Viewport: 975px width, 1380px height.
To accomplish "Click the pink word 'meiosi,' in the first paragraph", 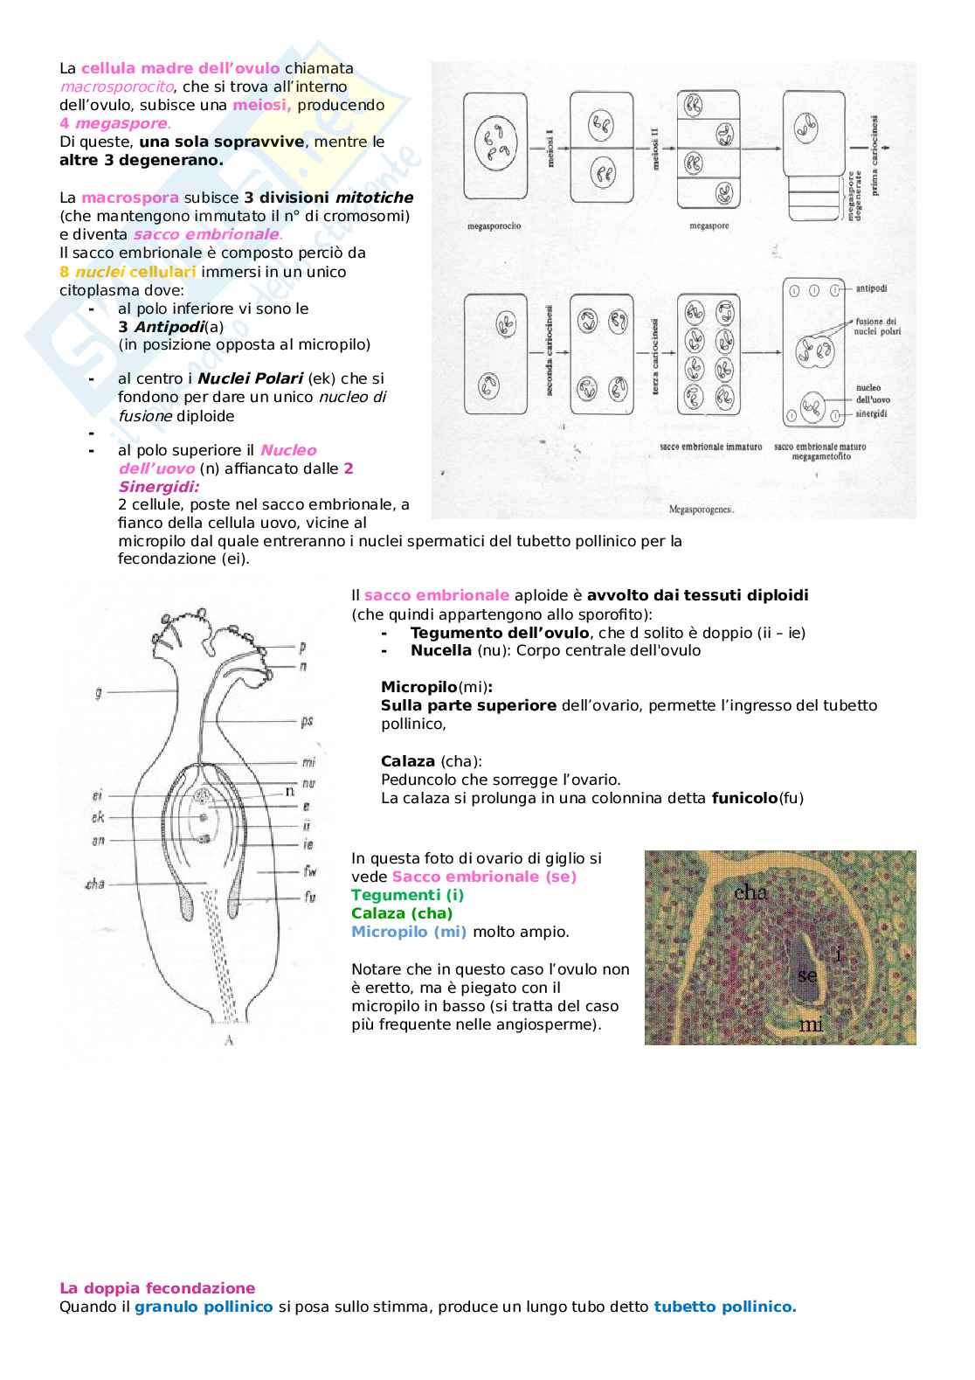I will (x=261, y=105).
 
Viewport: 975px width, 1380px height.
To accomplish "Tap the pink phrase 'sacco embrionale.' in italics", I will (x=208, y=234).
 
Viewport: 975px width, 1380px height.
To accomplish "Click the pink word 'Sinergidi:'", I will (x=158, y=487).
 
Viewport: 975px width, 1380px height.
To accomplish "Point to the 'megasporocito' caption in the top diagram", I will (x=494, y=226).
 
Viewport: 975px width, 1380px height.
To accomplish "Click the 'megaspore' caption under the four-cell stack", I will (x=709, y=226).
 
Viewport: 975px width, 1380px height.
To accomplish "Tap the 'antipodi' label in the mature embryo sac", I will (x=871, y=288).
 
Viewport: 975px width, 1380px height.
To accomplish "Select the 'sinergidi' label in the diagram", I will (x=871, y=413).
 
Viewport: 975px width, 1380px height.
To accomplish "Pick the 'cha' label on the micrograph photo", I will (x=750, y=892).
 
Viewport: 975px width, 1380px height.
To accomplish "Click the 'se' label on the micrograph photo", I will (x=807, y=974).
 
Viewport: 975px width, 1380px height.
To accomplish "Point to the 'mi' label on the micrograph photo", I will (x=811, y=1023).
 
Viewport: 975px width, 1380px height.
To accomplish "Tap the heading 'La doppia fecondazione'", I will (x=157, y=1288).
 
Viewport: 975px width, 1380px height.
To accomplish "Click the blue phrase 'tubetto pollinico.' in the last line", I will (x=724, y=1307).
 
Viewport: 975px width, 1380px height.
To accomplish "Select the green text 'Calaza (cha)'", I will (x=402, y=913).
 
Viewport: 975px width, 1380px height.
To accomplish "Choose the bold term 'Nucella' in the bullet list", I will (x=441, y=650).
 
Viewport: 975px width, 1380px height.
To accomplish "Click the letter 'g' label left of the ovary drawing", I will (x=98, y=692).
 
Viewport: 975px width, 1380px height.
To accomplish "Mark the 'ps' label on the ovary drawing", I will (x=307, y=721).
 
